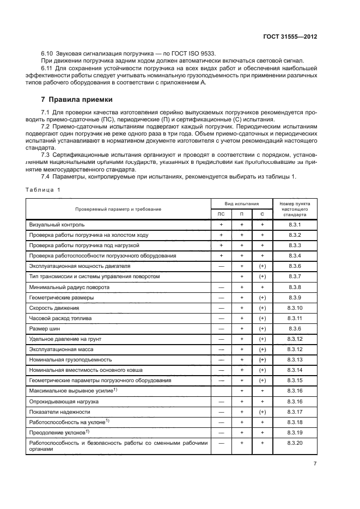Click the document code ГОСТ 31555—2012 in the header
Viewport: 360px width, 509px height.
click(289, 36)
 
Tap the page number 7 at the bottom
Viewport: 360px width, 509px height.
click(315, 464)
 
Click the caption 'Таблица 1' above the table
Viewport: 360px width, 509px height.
click(43, 189)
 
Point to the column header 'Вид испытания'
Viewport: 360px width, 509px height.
click(242, 203)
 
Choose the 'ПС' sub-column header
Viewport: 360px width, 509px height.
click(221, 214)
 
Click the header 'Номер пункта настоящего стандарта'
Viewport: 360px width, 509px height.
click(295, 208)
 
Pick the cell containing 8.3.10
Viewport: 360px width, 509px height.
click(295, 308)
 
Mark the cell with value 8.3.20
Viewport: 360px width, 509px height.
click(295, 443)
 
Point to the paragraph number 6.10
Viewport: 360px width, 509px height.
click(48, 53)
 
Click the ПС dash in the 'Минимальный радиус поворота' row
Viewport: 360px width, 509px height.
click(221, 287)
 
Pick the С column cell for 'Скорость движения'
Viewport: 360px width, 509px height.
click(262, 308)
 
